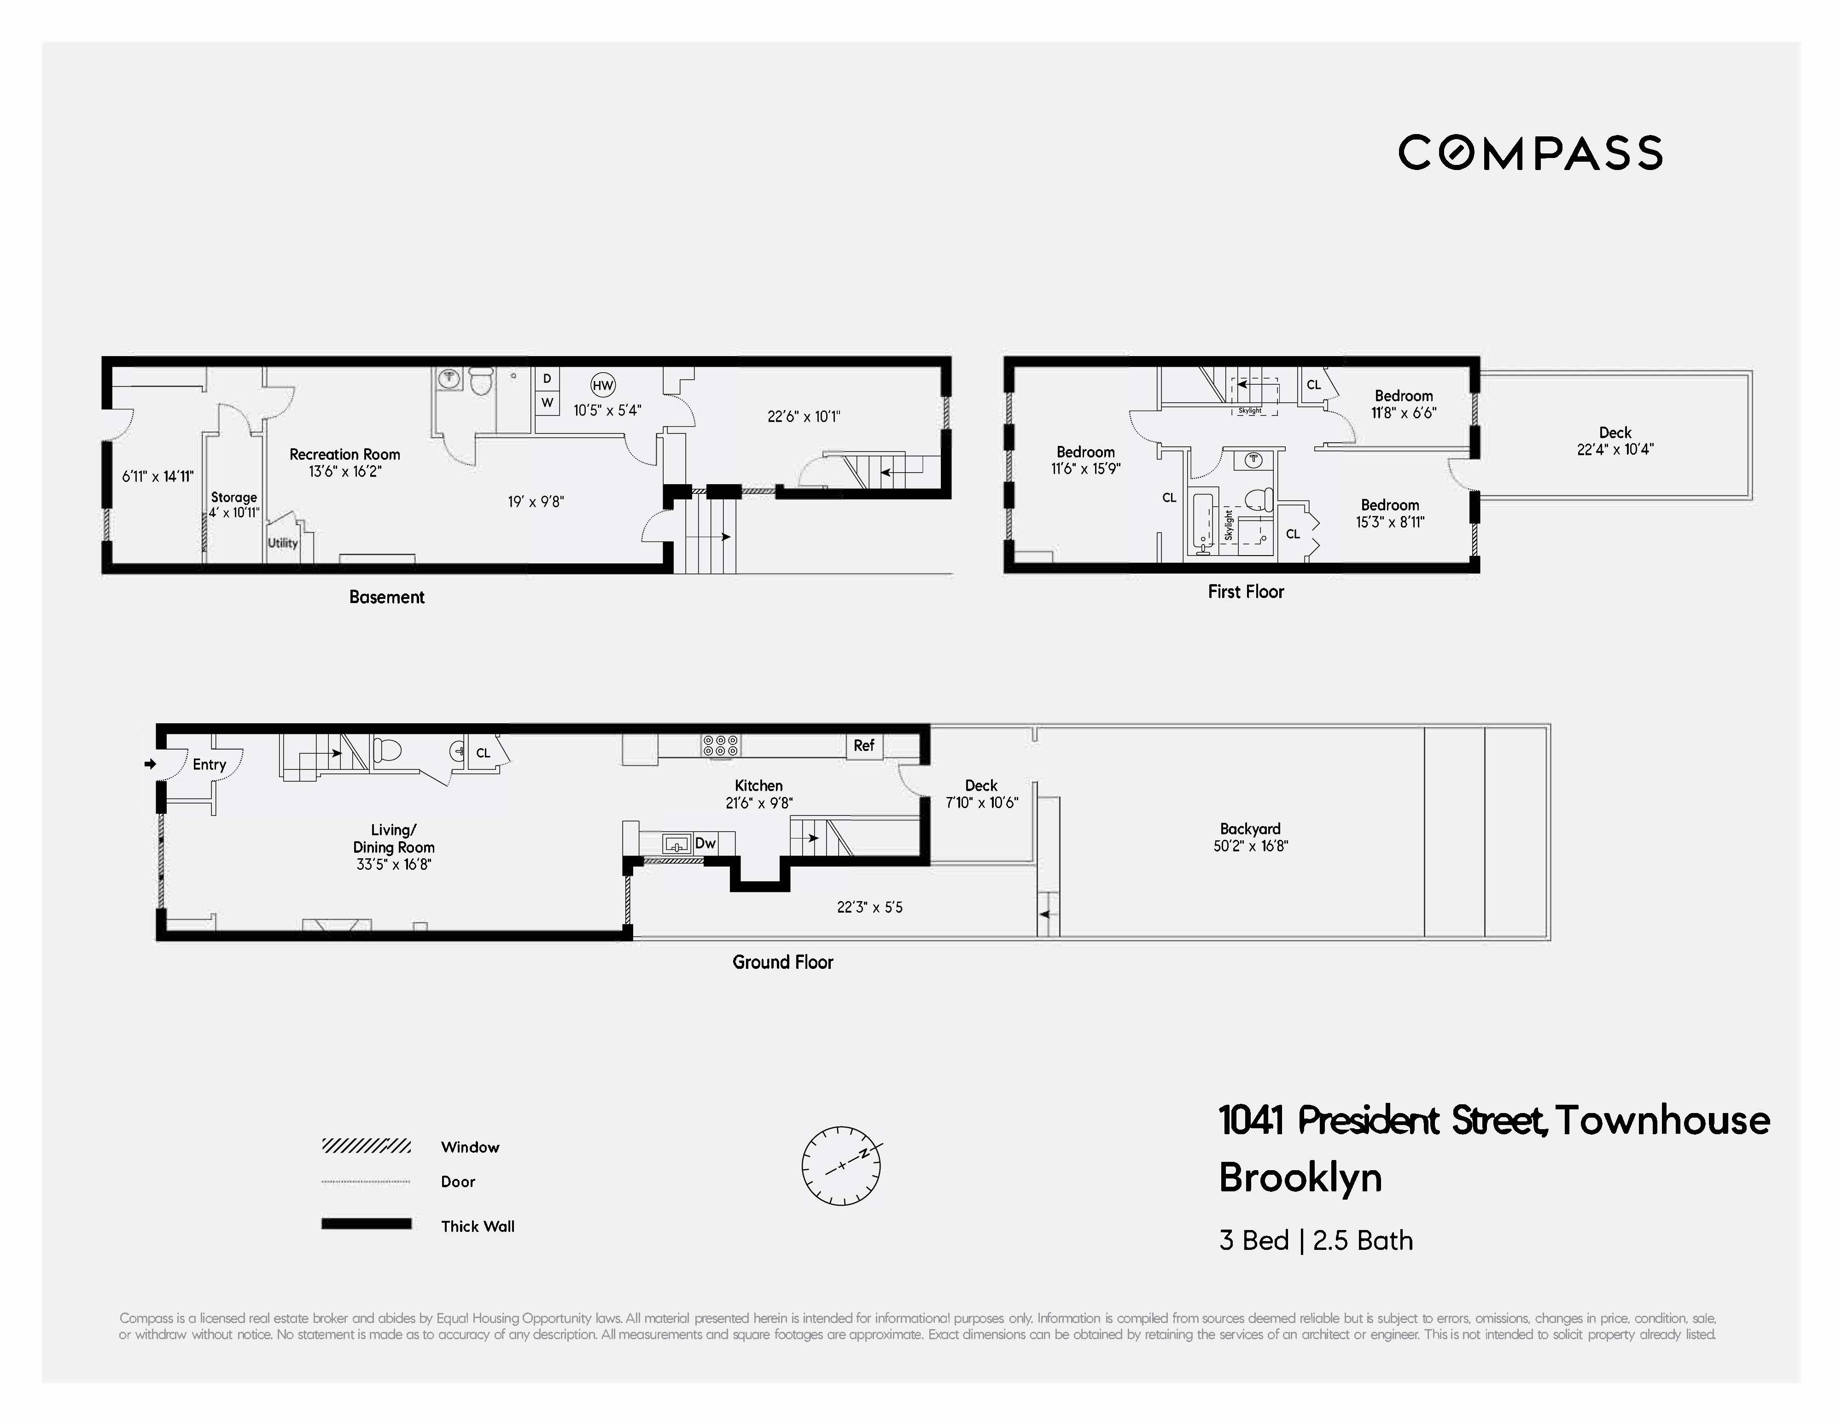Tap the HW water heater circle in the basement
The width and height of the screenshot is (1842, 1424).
(602, 386)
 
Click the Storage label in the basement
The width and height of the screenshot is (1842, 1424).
(233, 498)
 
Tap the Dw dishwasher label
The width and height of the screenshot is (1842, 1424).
(705, 843)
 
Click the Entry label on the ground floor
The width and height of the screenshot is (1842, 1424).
(209, 764)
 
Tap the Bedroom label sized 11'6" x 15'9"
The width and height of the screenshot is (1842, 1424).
(1085, 452)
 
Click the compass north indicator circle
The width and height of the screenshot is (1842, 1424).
(841, 1165)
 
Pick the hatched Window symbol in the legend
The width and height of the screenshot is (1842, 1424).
(366, 1146)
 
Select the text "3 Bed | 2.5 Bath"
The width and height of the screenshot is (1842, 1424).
(1316, 1240)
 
